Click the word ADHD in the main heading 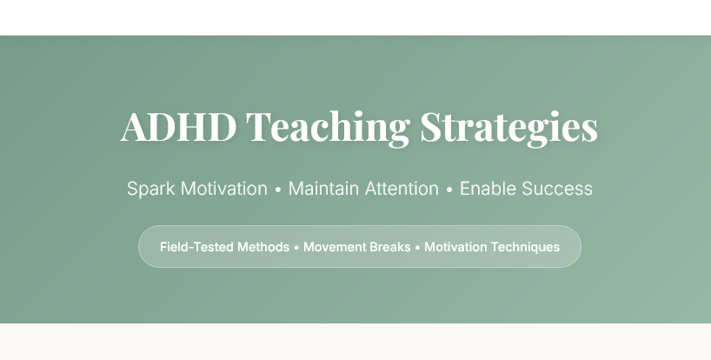pos(178,127)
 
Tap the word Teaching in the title pos(328,127)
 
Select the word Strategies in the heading pos(508,127)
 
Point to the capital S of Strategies pos(432,127)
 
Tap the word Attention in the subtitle pos(400,189)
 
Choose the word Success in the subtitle pos(556,189)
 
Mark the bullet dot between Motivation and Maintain pos(278,190)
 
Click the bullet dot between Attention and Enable pos(449,190)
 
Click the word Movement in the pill pos(333,247)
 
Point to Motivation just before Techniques pos(455,247)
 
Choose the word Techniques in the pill pos(526,247)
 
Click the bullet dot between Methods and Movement pos(296,248)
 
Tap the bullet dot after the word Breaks pos(417,248)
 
